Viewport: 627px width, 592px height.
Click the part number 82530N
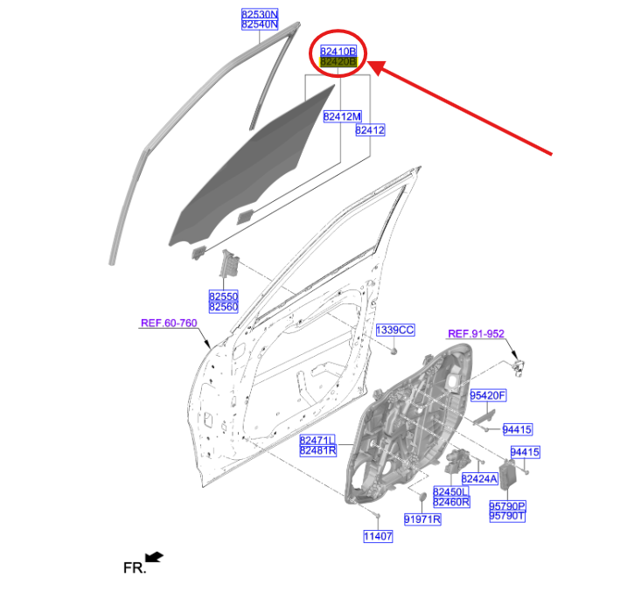(x=260, y=14)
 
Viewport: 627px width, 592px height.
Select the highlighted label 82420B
(x=338, y=61)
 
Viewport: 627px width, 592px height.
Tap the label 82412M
(x=342, y=116)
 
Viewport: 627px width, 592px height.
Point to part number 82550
(x=224, y=296)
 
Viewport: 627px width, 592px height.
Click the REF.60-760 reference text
(x=169, y=323)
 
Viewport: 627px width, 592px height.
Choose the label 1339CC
(x=395, y=331)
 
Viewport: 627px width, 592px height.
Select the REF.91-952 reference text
(x=476, y=334)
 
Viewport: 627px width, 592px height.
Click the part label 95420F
(x=488, y=396)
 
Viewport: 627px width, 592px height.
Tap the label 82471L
(x=317, y=440)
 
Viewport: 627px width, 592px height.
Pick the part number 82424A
(x=479, y=478)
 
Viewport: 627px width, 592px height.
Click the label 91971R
(x=422, y=519)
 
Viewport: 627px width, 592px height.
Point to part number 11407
(x=378, y=536)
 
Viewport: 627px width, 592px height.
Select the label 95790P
(x=507, y=506)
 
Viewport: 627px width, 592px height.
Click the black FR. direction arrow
(x=155, y=557)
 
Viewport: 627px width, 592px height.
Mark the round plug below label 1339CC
(x=394, y=352)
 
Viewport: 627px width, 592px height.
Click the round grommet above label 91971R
(x=421, y=497)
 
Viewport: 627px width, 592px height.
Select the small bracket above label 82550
(x=229, y=263)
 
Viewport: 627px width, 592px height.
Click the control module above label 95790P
(x=508, y=475)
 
